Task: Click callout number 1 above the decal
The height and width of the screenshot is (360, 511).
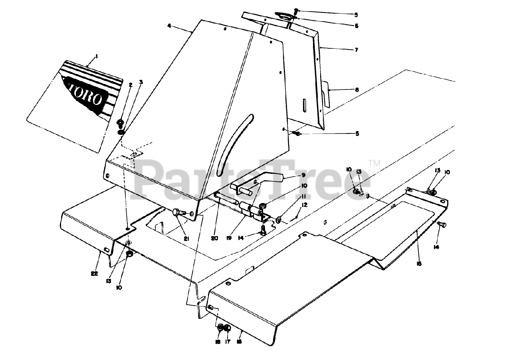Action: coord(96,57)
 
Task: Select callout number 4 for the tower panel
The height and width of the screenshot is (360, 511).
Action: coord(169,26)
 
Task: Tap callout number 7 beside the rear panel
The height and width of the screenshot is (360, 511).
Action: coord(356,50)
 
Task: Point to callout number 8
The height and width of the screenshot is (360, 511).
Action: coord(357,90)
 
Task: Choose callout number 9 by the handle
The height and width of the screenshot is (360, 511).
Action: coord(303,175)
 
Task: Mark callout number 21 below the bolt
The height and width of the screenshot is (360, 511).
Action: coord(186,239)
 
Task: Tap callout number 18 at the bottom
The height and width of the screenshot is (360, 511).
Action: coord(218,342)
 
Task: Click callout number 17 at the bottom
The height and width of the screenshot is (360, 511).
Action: coord(228,342)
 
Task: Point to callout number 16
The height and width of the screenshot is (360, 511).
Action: coord(239,342)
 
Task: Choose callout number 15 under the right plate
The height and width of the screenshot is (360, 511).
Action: coord(419,264)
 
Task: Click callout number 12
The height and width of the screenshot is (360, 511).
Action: coord(305,205)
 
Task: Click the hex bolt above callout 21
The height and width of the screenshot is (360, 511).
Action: coord(178,213)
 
